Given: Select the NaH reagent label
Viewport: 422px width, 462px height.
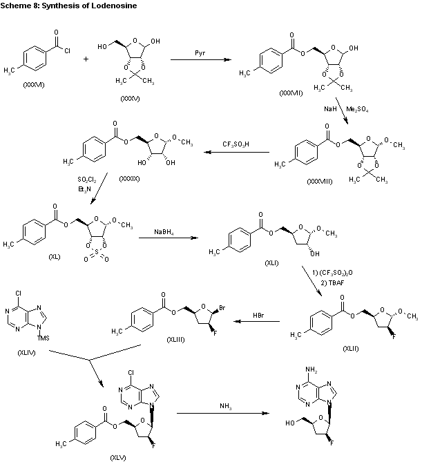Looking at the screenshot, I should point(331,108).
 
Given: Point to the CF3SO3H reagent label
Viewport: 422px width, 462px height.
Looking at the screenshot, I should point(236,144).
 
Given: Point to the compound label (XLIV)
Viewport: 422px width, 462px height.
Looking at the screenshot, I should point(27,352).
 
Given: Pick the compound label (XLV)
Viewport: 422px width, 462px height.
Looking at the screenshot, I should point(118,456).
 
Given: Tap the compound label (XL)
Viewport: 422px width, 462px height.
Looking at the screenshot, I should point(55,256).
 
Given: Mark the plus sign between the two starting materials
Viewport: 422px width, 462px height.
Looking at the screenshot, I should point(86,59).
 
